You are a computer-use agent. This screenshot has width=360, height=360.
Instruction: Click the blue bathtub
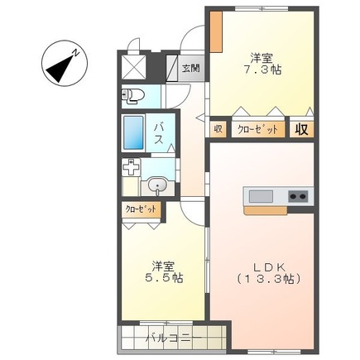tap(133, 133)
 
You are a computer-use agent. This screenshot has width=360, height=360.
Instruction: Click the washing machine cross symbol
tap(132, 168)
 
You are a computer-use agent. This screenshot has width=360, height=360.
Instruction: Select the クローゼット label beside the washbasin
tap(139, 210)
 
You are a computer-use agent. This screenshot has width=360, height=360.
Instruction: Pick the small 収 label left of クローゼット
tap(218, 129)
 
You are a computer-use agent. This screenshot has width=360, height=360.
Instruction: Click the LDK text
tap(268, 266)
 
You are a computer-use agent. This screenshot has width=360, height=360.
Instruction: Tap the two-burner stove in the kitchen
tap(298, 197)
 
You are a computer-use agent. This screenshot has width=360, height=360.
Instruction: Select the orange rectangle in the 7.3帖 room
tap(215, 31)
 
